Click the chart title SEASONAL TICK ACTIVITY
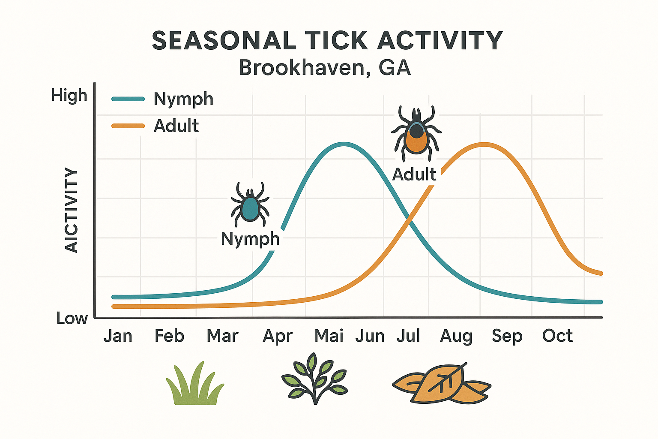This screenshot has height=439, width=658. point(327,41)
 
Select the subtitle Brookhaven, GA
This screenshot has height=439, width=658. point(325,68)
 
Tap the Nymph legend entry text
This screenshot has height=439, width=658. point(183,99)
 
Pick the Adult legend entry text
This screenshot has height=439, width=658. point(176,126)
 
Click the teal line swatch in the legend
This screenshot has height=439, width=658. point(128,99)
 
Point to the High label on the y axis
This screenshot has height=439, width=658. point(69,95)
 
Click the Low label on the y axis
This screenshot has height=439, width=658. point(72,319)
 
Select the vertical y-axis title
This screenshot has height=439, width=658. point(72,210)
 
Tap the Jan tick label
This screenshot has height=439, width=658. point(118,336)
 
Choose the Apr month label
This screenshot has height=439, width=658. point(278,336)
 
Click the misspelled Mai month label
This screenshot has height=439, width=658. point(329,336)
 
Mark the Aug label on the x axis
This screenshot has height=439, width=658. point(456,336)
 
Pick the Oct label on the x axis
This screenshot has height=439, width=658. point(557,336)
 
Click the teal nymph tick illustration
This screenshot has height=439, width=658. point(250,204)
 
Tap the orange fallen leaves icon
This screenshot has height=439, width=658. point(441,384)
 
